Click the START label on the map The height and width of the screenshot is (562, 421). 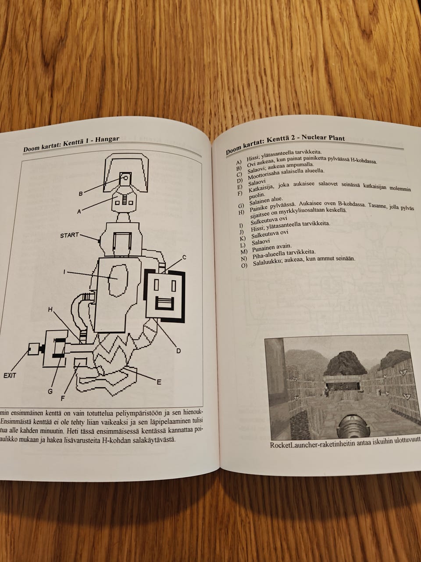pyautogui.click(x=69, y=235)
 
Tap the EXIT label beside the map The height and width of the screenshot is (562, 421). pyautogui.click(x=10, y=375)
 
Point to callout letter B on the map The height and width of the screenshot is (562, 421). pyautogui.click(x=81, y=194)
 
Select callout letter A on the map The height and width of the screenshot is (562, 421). pyautogui.click(x=79, y=212)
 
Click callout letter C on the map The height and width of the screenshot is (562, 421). pyautogui.click(x=184, y=257)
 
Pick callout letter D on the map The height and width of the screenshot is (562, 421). pyautogui.click(x=178, y=351)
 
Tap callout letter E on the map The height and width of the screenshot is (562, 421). pyautogui.click(x=159, y=382)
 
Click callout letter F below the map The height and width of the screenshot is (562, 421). pyautogui.click(x=63, y=399)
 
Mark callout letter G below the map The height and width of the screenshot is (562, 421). pyautogui.click(x=50, y=392)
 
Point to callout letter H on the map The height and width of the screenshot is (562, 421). pyautogui.click(x=50, y=310)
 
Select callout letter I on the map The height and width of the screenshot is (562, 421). pyautogui.click(x=64, y=272)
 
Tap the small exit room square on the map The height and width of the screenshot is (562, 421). pyautogui.click(x=33, y=349)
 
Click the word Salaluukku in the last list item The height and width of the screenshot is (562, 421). pyautogui.click(x=265, y=263)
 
